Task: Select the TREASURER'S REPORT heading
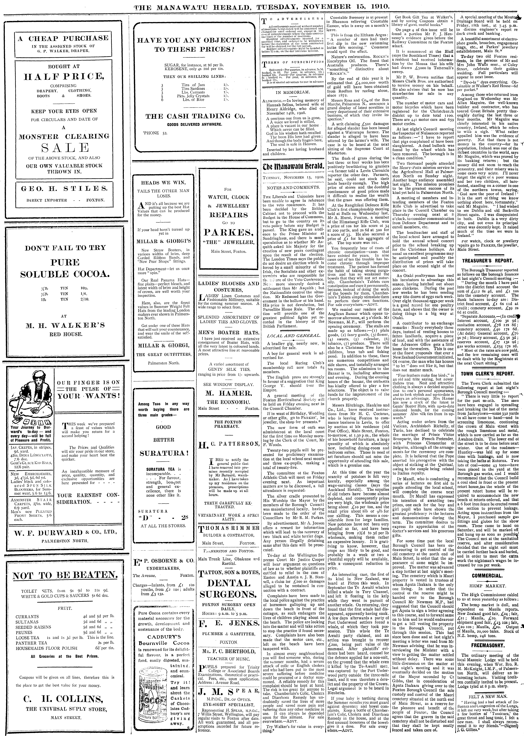(487, 261)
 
